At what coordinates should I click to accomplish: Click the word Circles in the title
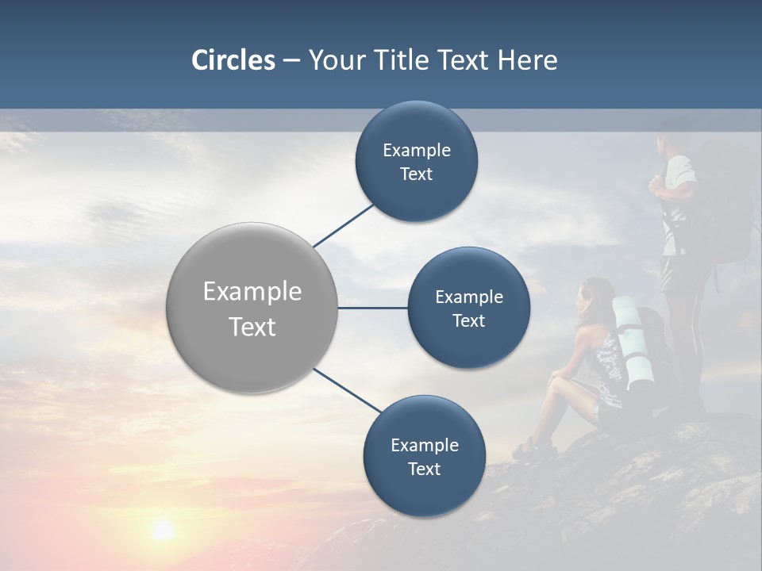(x=233, y=60)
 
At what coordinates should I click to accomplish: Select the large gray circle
(x=252, y=308)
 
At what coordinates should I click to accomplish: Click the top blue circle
(x=416, y=161)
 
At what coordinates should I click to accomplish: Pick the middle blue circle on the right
(x=468, y=308)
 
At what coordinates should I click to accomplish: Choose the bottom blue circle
(x=424, y=456)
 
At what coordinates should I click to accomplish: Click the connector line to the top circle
(x=344, y=224)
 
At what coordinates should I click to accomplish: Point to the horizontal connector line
(x=372, y=308)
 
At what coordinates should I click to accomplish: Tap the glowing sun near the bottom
(x=163, y=529)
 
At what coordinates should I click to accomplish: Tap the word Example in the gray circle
(x=252, y=292)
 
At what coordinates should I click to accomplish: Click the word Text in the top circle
(x=416, y=174)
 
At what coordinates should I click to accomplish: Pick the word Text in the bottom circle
(x=424, y=469)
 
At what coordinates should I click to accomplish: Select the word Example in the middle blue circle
(x=468, y=297)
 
